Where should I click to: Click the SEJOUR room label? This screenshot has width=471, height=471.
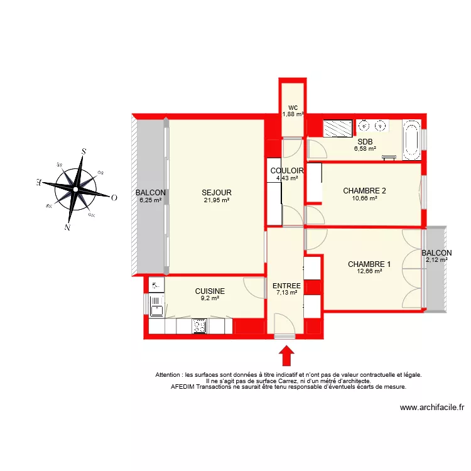tap(217, 193)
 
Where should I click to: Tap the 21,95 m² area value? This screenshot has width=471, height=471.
tap(217, 200)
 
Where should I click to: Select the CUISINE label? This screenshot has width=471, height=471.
tap(210, 291)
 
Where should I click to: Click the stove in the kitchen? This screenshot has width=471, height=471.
tap(200, 326)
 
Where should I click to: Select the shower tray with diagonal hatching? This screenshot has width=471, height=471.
tap(338, 128)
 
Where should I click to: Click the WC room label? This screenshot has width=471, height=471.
tap(293, 107)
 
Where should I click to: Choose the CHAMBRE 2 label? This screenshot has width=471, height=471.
tap(364, 191)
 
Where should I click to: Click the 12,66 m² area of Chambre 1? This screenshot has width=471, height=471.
tap(369, 271)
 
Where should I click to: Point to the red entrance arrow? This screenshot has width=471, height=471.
tap(286, 355)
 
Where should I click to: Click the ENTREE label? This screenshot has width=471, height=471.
tap(286, 286)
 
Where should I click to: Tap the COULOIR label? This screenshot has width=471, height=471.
tap(288, 171)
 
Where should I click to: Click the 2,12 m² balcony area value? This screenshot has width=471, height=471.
tap(436, 259)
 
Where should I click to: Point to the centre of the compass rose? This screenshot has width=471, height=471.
tap(75, 188)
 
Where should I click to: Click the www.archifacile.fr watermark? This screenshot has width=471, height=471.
tap(431, 408)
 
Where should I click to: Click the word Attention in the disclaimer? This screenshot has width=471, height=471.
tap(170, 375)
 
